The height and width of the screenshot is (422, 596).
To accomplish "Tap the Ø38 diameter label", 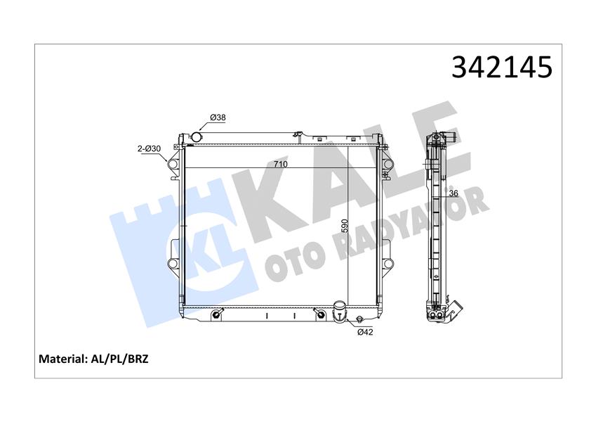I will [x=218, y=117].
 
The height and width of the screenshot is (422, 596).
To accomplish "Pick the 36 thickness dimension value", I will [x=453, y=194].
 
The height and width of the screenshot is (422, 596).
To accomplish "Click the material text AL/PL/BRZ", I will [x=119, y=359].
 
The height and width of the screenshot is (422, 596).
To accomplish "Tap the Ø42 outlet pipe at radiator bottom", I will [x=340, y=310].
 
